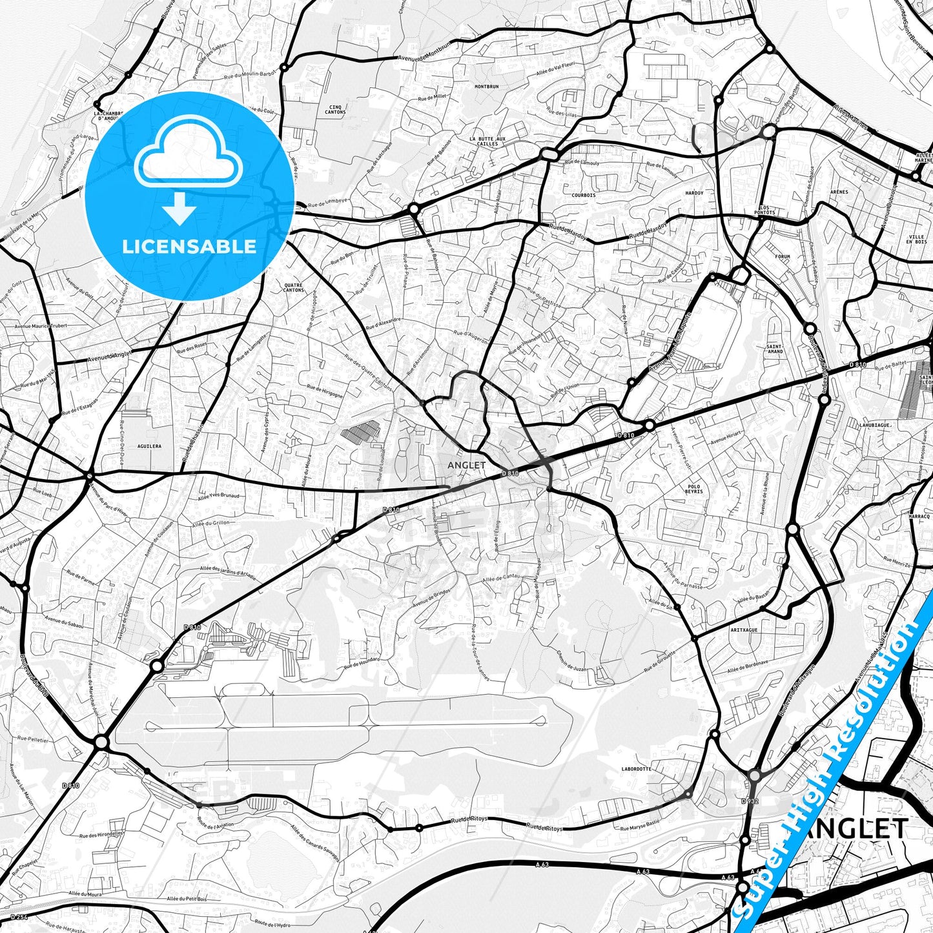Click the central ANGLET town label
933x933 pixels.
[x=466, y=465]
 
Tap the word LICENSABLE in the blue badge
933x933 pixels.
[x=189, y=246]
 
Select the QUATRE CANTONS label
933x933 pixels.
[x=294, y=287]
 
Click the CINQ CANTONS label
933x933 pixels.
[x=335, y=110]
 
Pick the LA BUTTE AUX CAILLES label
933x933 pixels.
[x=487, y=141]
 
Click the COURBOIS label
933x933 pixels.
[x=583, y=194]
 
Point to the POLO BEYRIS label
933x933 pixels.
[x=694, y=489]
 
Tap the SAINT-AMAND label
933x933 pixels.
[x=774, y=349]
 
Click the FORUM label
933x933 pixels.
[x=782, y=256]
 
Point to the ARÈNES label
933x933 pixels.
[x=839, y=192]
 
